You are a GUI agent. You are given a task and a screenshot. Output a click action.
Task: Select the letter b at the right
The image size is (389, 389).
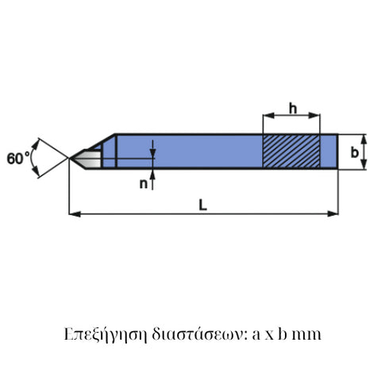point(354,151)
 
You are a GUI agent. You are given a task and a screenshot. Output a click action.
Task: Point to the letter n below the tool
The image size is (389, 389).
point(144,184)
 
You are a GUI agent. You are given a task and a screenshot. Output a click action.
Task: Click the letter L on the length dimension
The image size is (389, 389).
point(203,205)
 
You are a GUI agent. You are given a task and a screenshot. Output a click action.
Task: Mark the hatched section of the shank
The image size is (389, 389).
point(291,150)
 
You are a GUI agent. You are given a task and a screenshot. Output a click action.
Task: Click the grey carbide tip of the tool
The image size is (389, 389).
point(92,158)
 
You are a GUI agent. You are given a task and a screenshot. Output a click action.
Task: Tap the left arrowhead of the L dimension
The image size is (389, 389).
point(74,213)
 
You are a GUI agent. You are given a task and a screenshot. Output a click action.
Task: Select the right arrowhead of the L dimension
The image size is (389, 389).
point(334,213)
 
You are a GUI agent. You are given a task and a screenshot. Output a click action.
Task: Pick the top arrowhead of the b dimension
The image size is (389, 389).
point(364,137)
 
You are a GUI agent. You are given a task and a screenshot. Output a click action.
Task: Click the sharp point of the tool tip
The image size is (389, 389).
point(71,159)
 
